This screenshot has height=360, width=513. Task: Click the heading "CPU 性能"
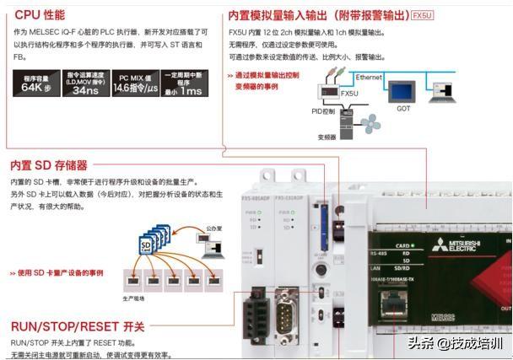(x=40, y=14)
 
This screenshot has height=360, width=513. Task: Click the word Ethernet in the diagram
(x=370, y=77)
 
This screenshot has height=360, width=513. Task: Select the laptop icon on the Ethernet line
(x=440, y=93)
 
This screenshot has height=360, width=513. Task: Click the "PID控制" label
(x=323, y=110)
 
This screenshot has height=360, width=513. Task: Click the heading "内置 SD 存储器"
(x=49, y=165)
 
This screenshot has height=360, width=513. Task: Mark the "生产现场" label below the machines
(x=133, y=298)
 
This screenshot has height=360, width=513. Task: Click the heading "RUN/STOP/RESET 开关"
(x=78, y=326)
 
